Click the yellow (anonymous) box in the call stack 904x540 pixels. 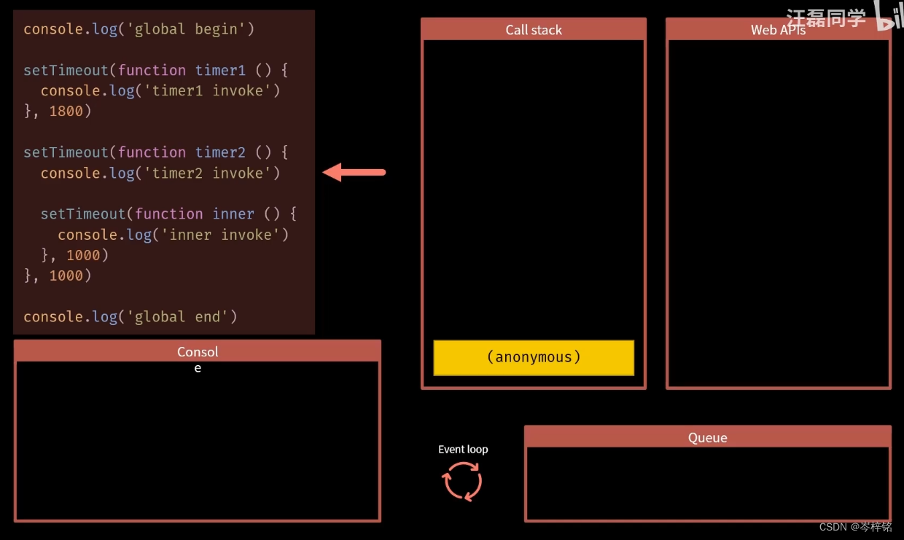[x=534, y=358]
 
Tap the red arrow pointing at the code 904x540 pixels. [x=354, y=173]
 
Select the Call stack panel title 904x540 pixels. [x=534, y=30]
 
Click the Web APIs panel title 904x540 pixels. [x=778, y=30]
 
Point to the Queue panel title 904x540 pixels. [x=707, y=437]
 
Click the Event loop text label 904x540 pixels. [x=463, y=450]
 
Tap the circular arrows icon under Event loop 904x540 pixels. [x=462, y=482]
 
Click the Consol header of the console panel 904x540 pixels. [x=198, y=352]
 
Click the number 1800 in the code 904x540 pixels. [x=66, y=111]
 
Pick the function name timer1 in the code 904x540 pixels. [x=221, y=71]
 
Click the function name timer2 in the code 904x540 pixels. [x=221, y=152]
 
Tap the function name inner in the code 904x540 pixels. [x=233, y=214]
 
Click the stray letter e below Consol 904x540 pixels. [x=198, y=369]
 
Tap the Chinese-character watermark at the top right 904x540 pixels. [x=825, y=18]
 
